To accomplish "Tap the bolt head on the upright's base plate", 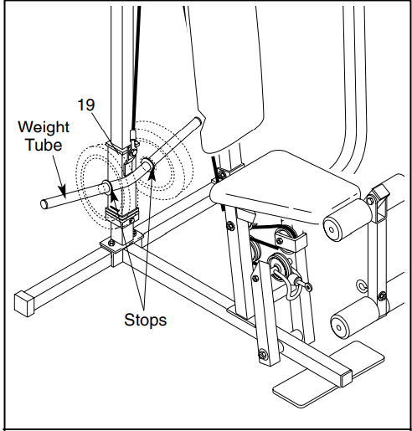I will (111, 243).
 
